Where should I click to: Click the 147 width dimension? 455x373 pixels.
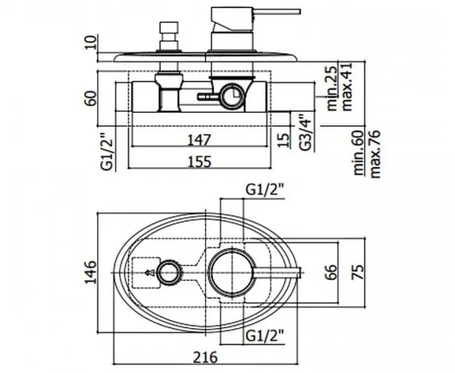point(199,140)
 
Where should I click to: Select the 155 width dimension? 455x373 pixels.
point(200,162)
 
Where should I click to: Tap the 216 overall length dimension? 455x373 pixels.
point(205,357)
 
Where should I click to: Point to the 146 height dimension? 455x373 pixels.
point(90,272)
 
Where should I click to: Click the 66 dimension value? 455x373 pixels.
point(332,272)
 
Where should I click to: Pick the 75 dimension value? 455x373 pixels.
point(357,272)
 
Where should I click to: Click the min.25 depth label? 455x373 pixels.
point(332,88)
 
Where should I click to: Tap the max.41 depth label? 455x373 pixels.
point(347,87)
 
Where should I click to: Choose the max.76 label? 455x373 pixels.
point(374,154)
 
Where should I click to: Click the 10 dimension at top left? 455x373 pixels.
point(90,43)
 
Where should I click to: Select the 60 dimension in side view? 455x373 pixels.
point(90,98)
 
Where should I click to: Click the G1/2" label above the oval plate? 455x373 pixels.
point(264,190)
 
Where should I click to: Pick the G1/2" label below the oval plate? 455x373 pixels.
point(264,336)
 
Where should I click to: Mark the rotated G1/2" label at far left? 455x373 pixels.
point(106,151)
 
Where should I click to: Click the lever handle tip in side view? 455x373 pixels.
point(299,12)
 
